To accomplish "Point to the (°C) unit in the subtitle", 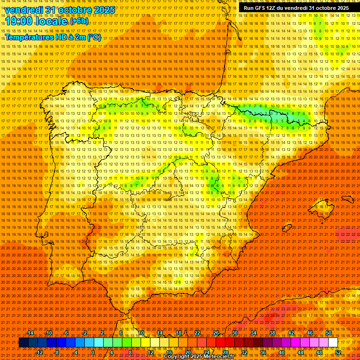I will tap(94, 37).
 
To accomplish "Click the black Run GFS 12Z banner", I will tap(296, 8).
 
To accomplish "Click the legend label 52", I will tap(338, 352).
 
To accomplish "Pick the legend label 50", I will tap(329, 333).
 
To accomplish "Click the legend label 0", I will tap(93, 352).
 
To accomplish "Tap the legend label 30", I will tap(234, 333).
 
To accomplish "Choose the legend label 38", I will tap(272, 333).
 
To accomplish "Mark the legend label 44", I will tap(300, 352).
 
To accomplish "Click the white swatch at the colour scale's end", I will tap(333, 343).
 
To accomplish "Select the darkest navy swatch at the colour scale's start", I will tap(23, 343).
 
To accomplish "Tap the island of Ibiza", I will tap(287, 227).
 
